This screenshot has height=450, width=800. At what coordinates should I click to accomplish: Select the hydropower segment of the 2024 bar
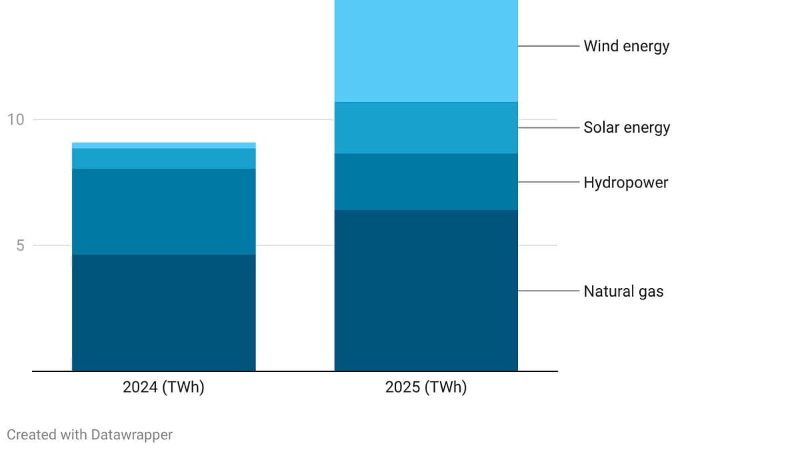(163, 211)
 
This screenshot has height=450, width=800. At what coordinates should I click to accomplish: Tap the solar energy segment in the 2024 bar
(163, 158)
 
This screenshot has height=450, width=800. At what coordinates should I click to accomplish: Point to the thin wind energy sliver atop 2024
(163, 145)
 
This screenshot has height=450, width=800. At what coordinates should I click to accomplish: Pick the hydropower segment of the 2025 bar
(426, 181)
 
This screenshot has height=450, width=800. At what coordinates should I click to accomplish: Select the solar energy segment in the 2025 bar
(426, 127)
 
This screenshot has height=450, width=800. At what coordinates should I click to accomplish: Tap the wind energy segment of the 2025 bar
(426, 51)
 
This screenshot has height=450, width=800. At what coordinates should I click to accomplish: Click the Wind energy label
(626, 46)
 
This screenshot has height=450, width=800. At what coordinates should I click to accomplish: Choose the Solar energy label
(627, 127)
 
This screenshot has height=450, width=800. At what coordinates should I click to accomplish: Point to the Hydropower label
(625, 182)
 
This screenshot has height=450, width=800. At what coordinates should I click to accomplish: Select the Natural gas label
(623, 291)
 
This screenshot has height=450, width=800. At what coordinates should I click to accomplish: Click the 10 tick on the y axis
(15, 119)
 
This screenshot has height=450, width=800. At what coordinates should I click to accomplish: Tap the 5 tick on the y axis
(20, 245)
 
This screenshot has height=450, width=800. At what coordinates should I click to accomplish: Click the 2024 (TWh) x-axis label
(163, 387)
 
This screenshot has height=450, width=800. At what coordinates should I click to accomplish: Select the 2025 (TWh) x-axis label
(426, 387)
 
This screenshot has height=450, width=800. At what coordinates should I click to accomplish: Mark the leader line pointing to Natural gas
(548, 291)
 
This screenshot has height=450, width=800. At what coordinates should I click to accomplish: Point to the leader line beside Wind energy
(548, 46)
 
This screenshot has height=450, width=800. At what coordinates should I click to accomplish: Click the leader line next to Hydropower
(548, 182)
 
